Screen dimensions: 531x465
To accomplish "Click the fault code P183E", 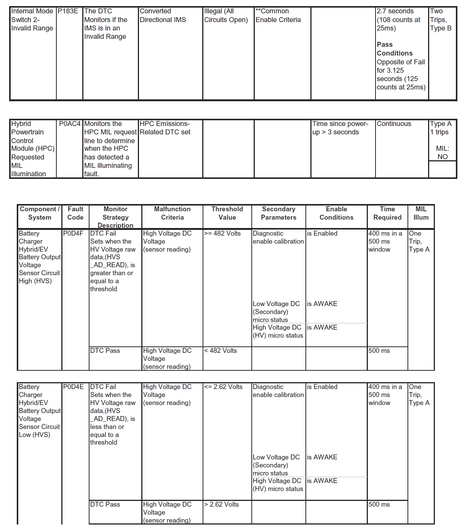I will click(68, 11).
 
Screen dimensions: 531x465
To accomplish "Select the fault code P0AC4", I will click(70, 124).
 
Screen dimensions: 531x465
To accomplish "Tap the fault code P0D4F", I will click(73, 234).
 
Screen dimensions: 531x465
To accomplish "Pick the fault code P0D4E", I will click(74, 387).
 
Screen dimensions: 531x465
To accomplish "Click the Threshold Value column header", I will click(227, 213).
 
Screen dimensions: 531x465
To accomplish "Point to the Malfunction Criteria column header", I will click(172, 213).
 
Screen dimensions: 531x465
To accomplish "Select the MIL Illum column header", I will click(421, 213).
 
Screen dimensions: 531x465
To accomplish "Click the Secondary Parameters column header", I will click(278, 213).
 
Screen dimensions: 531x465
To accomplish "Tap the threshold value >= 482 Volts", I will click(222, 234).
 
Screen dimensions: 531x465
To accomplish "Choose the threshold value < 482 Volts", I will click(221, 351).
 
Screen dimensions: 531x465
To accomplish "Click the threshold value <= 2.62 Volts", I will click(223, 387).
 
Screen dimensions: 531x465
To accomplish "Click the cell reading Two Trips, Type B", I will click(441, 20).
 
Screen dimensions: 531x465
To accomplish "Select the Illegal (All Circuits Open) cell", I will click(226, 16).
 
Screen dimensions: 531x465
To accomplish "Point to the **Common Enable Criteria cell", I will click(278, 16).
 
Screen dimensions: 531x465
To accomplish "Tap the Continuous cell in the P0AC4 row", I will click(394, 124).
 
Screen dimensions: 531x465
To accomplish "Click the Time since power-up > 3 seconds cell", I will click(340, 128).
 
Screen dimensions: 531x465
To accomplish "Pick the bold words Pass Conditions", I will click(395, 49).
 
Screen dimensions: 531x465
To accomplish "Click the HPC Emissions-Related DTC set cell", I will click(165, 128).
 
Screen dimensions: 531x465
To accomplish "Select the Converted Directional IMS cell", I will click(163, 16).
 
